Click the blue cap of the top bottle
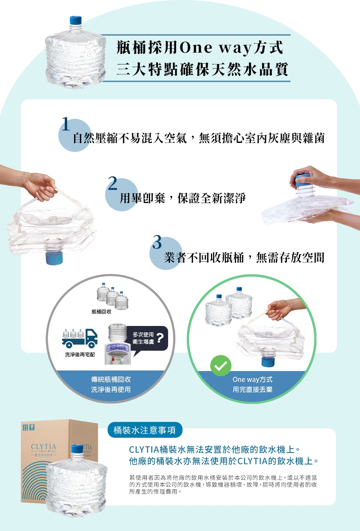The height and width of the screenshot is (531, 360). click(76, 20)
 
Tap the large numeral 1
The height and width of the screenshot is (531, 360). click(66, 124)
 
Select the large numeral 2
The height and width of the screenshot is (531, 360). click(113, 183)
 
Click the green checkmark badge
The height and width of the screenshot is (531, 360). click(221, 366)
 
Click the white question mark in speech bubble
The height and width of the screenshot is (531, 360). click(160, 338)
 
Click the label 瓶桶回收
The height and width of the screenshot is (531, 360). click(102, 311)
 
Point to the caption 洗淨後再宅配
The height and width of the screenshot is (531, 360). click(80, 355)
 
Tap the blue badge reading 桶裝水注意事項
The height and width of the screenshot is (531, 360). click(145, 430)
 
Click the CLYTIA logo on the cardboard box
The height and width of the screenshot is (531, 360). click(44, 447)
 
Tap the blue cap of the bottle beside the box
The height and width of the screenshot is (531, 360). click(77, 449)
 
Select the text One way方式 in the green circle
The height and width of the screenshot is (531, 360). click(252, 379)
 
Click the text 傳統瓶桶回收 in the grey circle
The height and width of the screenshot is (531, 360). click(111, 379)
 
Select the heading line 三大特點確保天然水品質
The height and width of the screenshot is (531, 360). click(202, 69)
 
